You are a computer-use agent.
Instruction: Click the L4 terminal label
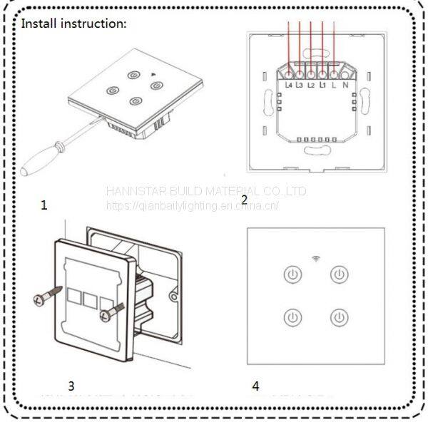coord(289,86)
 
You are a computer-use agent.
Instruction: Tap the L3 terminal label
coord(300,86)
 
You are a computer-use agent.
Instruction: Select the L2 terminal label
coord(312,86)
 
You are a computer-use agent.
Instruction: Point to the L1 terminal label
coord(323,86)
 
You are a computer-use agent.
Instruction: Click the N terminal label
coord(345,86)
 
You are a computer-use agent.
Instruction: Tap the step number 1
coord(44,205)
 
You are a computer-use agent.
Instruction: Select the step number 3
coord(71,386)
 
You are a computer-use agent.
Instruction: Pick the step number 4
coord(255,386)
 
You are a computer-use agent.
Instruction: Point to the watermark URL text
coord(193,206)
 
